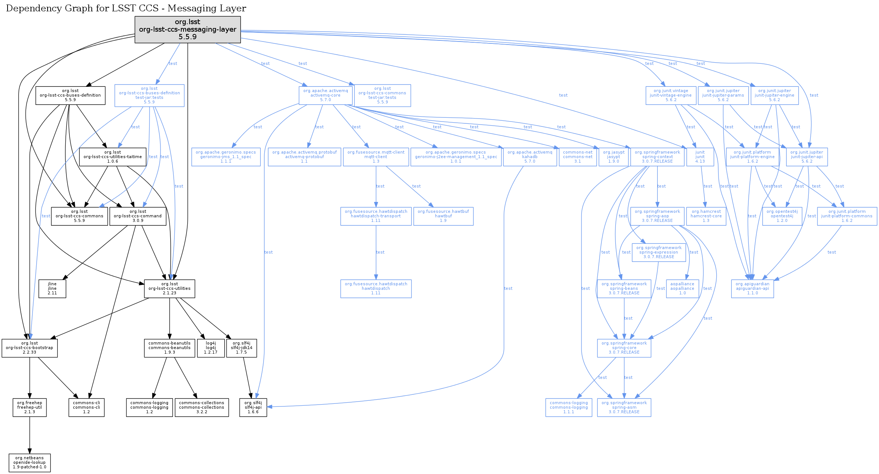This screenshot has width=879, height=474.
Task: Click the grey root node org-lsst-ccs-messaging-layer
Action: tap(188, 29)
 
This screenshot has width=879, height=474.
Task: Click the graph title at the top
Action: tap(126, 8)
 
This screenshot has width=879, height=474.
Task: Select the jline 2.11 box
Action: tap(52, 288)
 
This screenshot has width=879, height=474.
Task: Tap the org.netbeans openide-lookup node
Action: tap(29, 462)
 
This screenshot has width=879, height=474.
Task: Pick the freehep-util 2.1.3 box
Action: tap(29, 407)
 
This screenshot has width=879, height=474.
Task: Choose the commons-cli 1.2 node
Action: tap(86, 407)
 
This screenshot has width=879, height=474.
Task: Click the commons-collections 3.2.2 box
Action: tap(202, 407)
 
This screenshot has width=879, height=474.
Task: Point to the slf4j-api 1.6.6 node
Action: tap(253, 407)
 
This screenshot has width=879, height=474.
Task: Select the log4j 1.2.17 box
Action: tap(211, 348)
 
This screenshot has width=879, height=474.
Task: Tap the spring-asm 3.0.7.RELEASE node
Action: tap(624, 407)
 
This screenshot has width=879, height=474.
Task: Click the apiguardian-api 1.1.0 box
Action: tap(752, 288)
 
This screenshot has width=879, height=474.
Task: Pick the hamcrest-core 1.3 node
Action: tap(706, 216)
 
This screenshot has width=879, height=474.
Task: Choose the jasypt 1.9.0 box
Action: tap(614, 157)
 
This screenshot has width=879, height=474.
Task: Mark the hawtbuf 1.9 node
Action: tap(443, 216)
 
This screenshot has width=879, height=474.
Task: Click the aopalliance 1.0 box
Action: tap(682, 288)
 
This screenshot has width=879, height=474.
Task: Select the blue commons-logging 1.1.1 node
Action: tap(569, 407)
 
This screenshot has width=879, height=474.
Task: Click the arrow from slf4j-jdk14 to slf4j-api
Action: tap(247, 377)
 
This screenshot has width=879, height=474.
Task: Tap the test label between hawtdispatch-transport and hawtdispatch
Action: tap(380, 252)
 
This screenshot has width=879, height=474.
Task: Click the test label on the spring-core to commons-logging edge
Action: tap(603, 377)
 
